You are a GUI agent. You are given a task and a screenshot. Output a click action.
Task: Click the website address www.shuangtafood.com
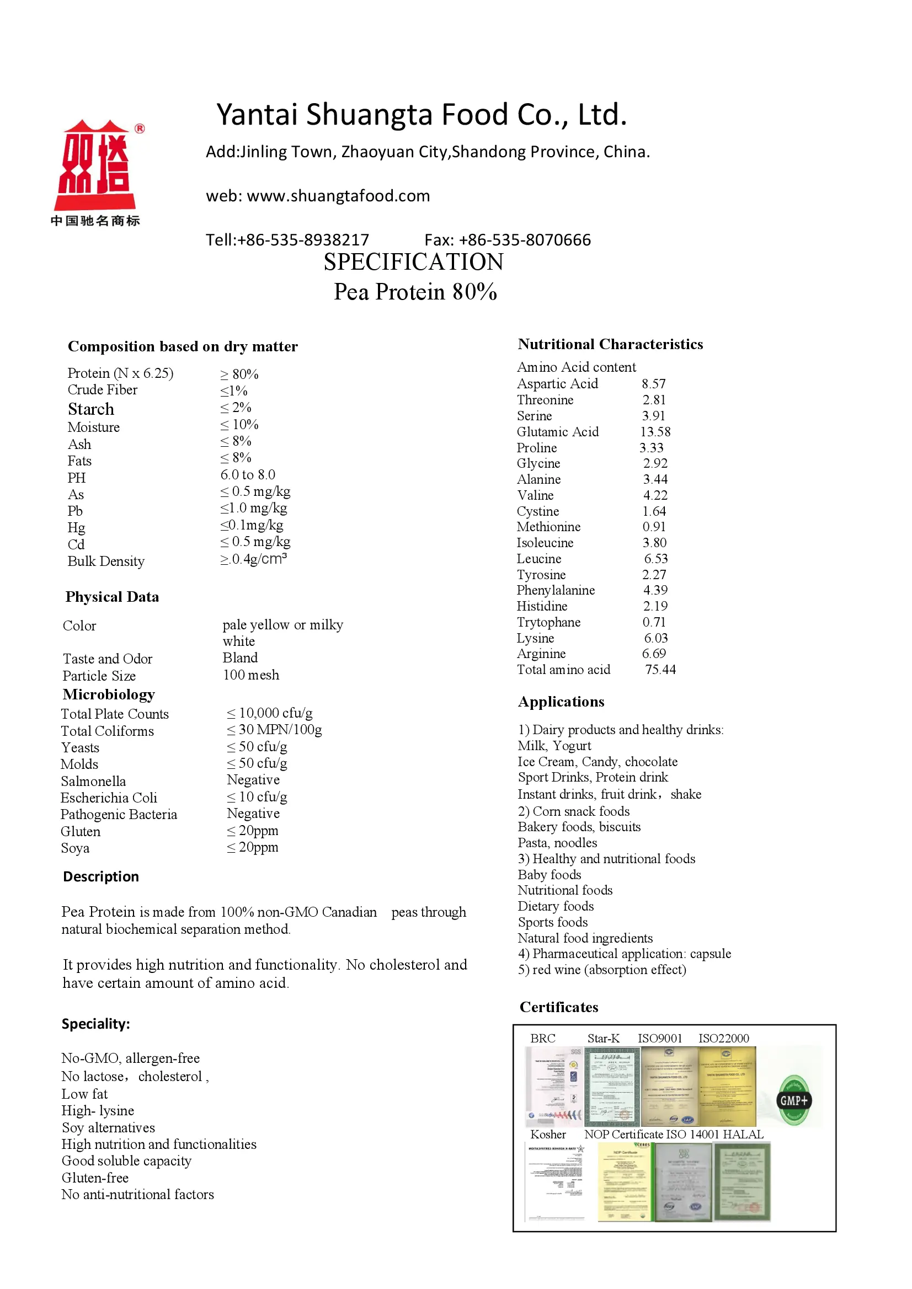[338, 196]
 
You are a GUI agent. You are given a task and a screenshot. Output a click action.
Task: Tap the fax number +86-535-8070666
[525, 240]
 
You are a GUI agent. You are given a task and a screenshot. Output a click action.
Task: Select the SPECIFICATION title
[413, 262]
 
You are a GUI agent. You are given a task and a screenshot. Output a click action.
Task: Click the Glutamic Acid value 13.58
[655, 432]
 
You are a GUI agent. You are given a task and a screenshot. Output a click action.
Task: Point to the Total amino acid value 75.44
[660, 670]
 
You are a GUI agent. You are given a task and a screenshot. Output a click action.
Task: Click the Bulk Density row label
[106, 561]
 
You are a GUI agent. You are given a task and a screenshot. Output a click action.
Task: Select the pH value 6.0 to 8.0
[248, 475]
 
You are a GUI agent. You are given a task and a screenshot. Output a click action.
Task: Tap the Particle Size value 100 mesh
[251, 675]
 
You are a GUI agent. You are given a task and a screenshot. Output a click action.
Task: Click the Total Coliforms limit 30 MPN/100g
[275, 730]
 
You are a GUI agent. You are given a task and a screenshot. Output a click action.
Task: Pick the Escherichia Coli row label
[109, 798]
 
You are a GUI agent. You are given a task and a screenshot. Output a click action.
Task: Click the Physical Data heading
[113, 597]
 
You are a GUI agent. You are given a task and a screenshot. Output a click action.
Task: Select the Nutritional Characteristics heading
[610, 344]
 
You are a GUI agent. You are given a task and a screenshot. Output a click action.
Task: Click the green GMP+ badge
[793, 1100]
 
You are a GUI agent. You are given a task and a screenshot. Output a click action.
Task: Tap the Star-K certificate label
[603, 1039]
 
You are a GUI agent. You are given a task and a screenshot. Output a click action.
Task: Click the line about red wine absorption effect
[602, 970]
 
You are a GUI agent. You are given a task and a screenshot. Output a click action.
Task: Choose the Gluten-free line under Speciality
[95, 1178]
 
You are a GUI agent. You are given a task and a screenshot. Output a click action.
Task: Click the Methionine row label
[548, 527]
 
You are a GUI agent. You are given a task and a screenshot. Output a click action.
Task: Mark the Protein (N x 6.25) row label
[120, 373]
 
